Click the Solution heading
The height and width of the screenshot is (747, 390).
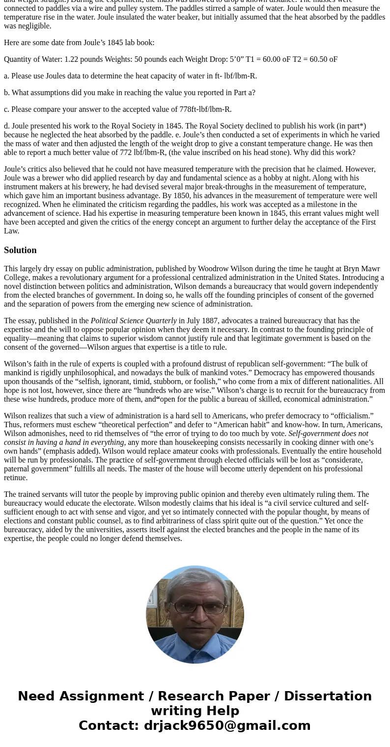coord(20,250)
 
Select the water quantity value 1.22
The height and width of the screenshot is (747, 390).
coord(72,59)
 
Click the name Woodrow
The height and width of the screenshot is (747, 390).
coord(213,269)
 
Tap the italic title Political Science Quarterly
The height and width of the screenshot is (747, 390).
coord(134,321)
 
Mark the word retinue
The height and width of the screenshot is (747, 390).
coord(15,478)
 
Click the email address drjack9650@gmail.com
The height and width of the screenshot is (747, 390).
coord(227,726)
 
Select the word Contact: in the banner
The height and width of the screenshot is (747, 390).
coord(109,726)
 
